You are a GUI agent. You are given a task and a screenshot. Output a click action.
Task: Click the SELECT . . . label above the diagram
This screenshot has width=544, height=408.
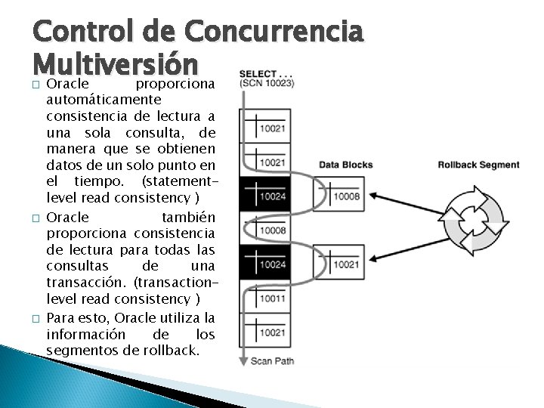[x=267, y=73]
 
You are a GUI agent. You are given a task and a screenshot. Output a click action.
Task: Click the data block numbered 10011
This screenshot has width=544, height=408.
[x=270, y=298]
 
